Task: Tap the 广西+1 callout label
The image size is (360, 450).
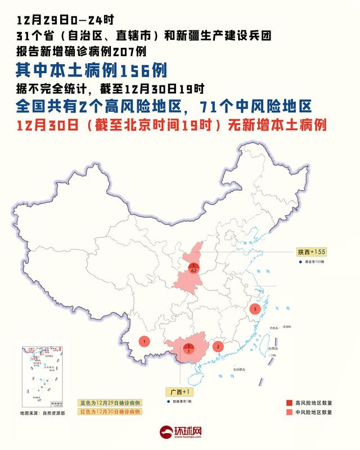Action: pos(179,391)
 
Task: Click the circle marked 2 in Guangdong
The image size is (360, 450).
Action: pos(218,346)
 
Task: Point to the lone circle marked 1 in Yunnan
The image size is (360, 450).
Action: pos(145,341)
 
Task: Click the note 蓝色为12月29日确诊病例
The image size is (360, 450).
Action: pos(109,403)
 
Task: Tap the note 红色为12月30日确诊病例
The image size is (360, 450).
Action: pos(109,412)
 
